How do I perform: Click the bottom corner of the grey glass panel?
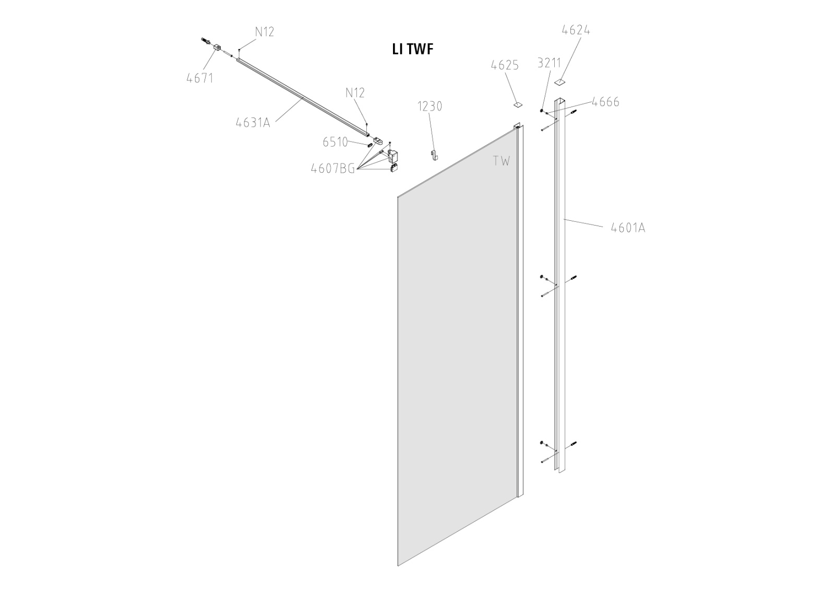398,576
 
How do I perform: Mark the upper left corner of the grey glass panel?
397,196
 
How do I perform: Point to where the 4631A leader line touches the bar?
302,99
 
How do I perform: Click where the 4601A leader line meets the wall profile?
564,219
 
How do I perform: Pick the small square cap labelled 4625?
517,104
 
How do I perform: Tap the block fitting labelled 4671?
217,48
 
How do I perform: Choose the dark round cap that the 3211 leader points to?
541,110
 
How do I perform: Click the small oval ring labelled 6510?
370,145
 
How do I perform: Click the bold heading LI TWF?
413,49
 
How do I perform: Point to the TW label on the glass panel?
502,161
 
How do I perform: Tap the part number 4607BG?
333,169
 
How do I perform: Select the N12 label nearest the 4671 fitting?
265,32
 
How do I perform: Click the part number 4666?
606,102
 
